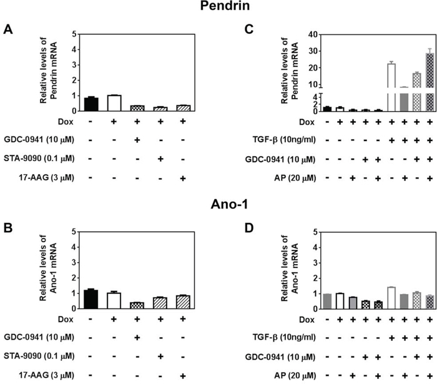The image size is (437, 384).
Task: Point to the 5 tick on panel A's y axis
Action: coord(75,34)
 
